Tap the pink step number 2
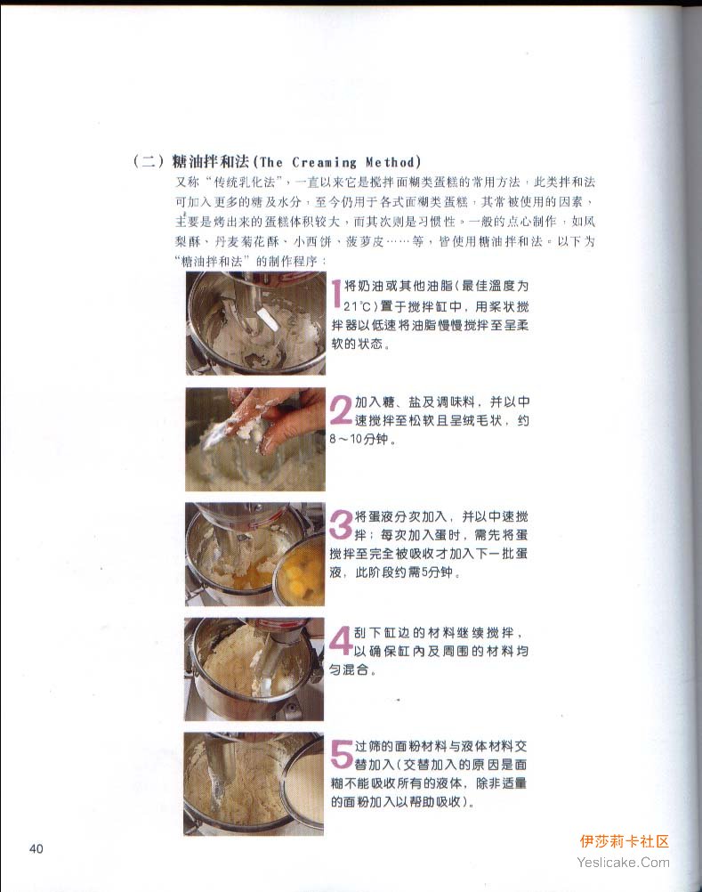pos(342,410)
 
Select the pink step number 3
pos(341,524)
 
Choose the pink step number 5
pos(343,754)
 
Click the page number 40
pos(36,848)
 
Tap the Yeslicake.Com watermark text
pos(623,863)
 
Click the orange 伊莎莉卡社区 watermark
pos(624,841)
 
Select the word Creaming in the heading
pos(324,163)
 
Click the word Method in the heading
pos(390,162)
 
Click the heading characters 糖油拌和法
pos(211,162)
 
